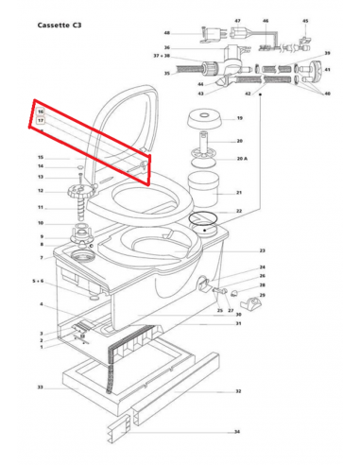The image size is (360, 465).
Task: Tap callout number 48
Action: point(166,32)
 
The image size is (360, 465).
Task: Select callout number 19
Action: point(239,118)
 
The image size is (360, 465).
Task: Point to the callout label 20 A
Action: point(241,160)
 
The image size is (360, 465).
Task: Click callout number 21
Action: point(239,192)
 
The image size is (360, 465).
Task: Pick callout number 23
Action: point(262,250)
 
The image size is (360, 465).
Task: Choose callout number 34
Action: point(237,431)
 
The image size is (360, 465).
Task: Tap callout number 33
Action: point(41,387)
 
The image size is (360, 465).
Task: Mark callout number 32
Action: point(238,390)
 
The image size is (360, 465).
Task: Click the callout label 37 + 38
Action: point(162,56)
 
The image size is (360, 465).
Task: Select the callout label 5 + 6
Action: point(38,281)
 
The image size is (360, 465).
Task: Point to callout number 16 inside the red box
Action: point(41,112)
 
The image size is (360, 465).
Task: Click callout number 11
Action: point(41,207)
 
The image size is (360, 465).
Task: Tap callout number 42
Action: point(248,95)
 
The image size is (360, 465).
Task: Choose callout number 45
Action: point(305,20)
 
